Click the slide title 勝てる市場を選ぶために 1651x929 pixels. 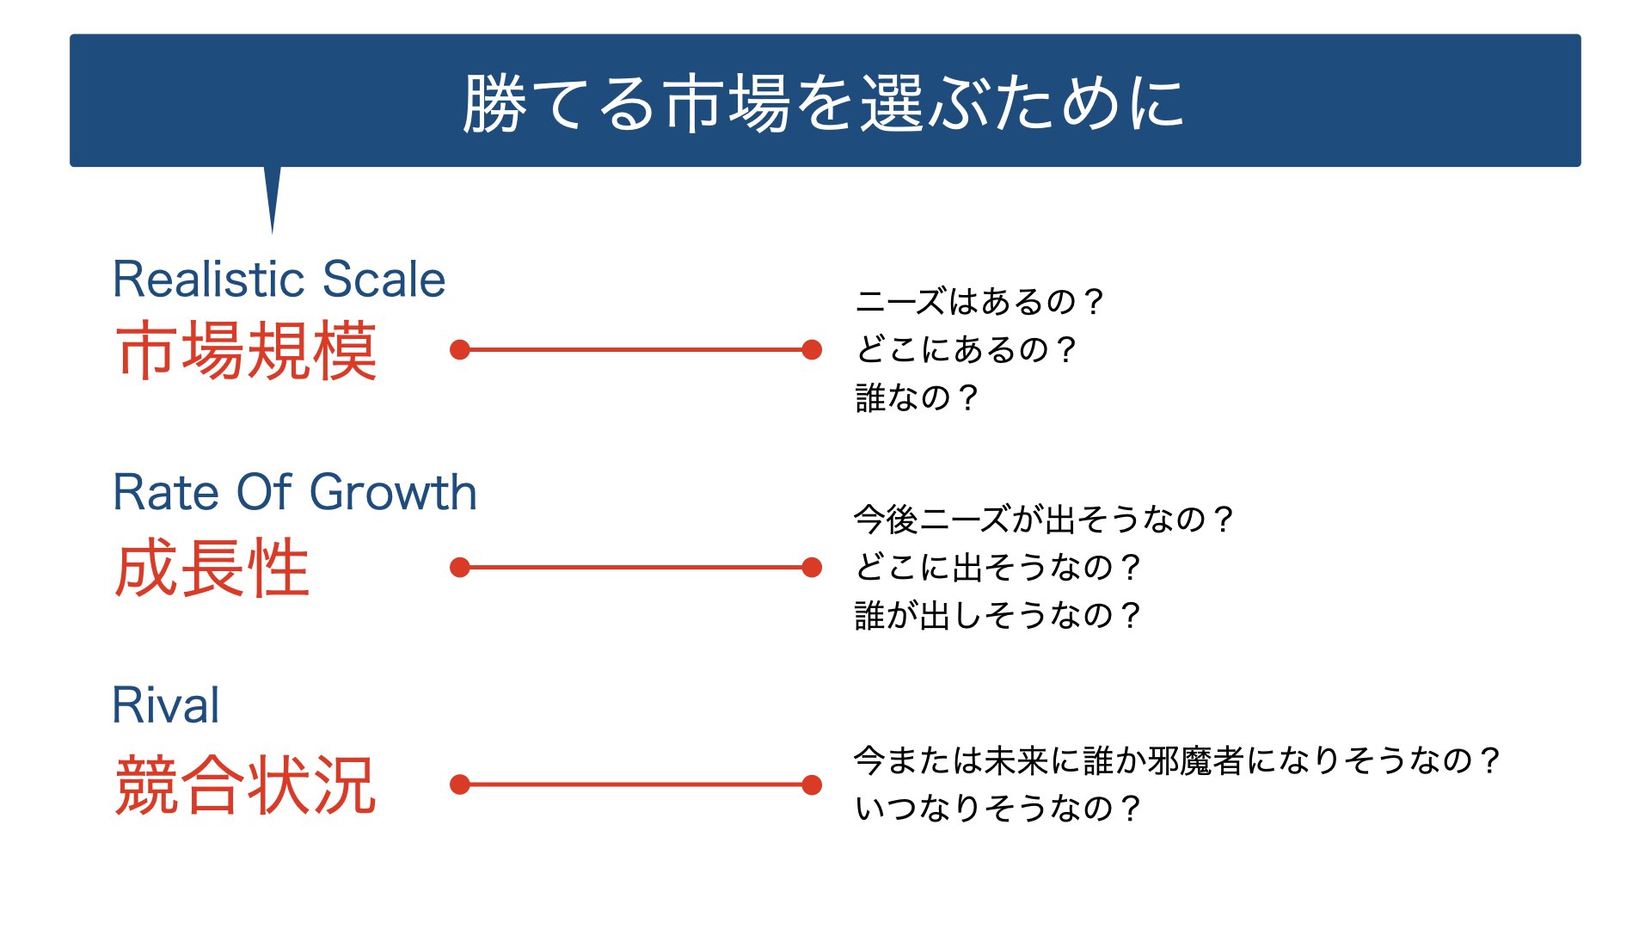click(824, 103)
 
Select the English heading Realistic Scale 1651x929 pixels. click(279, 279)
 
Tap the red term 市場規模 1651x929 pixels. click(247, 350)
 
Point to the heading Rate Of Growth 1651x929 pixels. click(295, 492)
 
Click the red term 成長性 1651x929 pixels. click(212, 568)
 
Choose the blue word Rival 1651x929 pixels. click(166, 705)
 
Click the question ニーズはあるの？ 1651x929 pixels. click(979, 302)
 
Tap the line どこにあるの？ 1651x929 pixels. click(965, 350)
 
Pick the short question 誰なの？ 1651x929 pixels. click(917, 398)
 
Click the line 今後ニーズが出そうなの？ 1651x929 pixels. click(1044, 520)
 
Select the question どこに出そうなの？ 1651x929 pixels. click(997, 568)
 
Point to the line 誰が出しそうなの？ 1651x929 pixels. click(997, 616)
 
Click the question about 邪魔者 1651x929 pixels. click(1177, 760)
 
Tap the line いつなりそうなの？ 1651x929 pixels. click(997, 809)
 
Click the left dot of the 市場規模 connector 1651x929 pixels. click(460, 350)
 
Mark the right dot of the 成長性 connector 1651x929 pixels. click(812, 568)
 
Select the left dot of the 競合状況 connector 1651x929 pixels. click(460, 784)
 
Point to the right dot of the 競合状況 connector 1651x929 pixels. click(812, 784)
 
